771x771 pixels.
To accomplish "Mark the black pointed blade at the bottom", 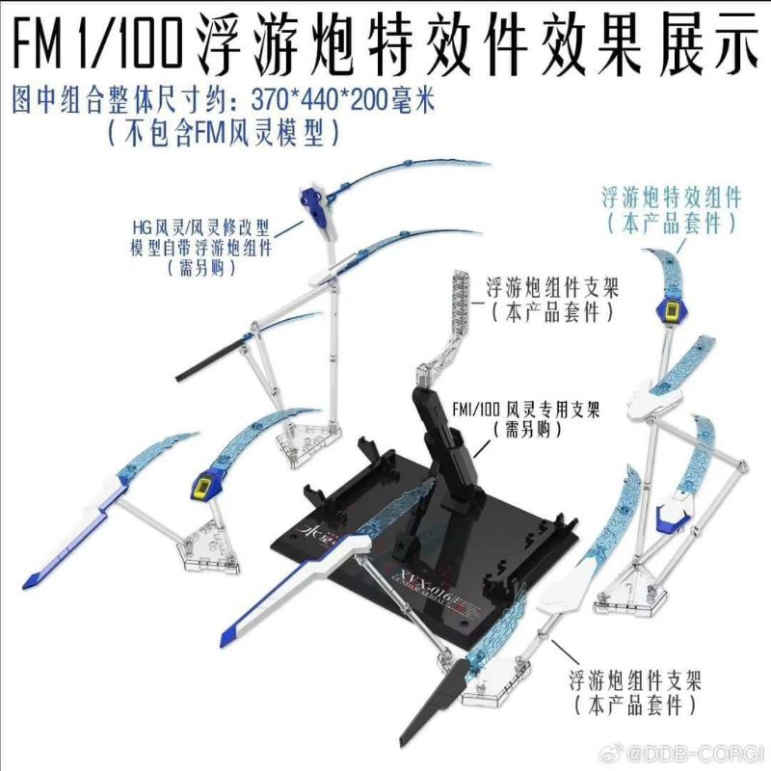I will (x=494, y=699).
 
